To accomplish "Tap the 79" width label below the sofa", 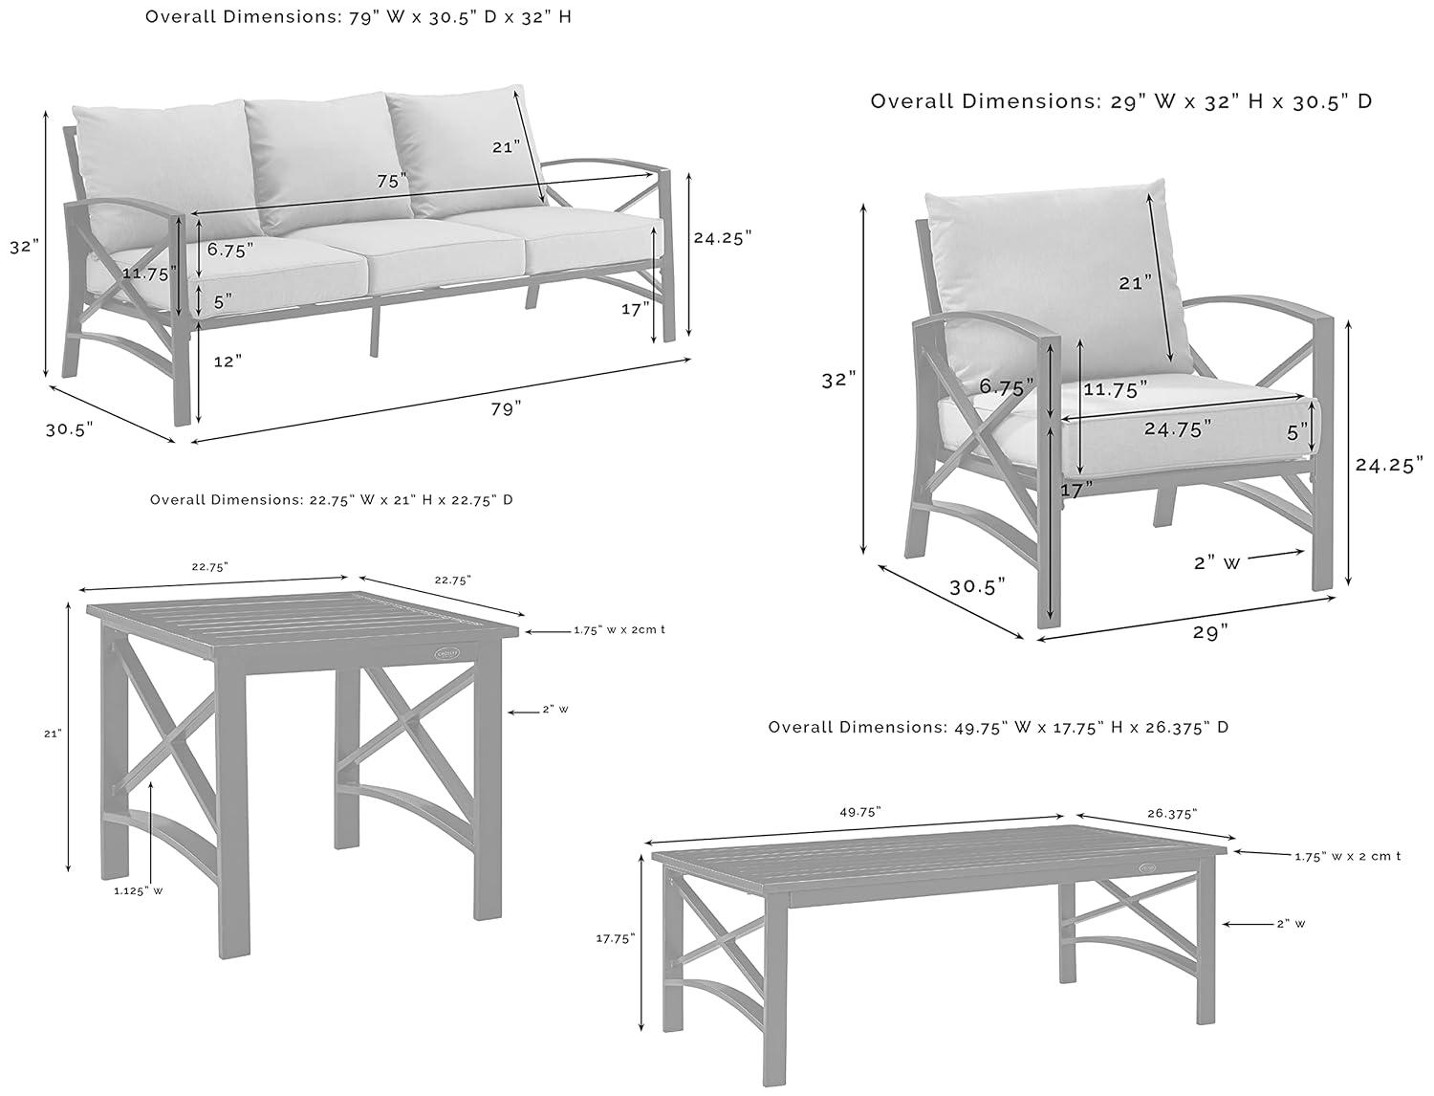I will coord(506,408).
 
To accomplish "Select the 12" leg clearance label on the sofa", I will coord(228,361).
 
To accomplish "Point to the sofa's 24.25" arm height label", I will coord(723,237).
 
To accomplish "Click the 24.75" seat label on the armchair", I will coord(1178,428).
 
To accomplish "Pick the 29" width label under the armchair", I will coord(1210,632).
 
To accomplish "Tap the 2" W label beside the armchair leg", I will coord(1217,563).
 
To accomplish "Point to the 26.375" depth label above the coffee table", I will coord(1170,813).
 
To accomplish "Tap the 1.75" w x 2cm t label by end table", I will coord(619,630).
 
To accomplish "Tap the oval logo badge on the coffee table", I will coord(1146,867).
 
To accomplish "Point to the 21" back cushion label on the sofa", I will coord(506,146).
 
